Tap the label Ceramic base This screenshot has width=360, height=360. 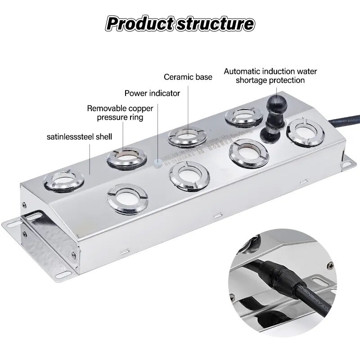tap(188, 77)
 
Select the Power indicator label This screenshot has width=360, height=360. tap(152, 94)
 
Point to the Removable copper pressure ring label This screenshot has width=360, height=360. tap(120, 113)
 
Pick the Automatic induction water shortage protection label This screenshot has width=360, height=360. tap(270, 76)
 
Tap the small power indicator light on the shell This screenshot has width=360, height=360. tap(157, 163)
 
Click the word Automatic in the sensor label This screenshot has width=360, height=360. tap(243, 71)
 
